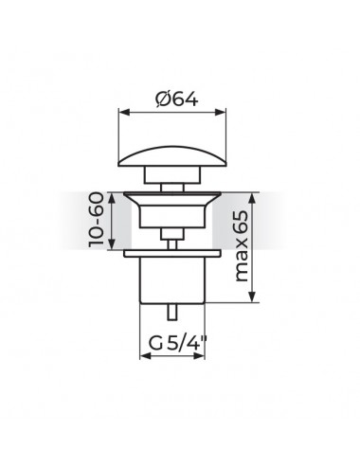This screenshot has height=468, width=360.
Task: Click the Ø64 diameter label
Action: point(177,99)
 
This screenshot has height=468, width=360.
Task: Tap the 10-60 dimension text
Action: point(96,220)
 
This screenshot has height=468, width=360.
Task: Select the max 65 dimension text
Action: point(242,246)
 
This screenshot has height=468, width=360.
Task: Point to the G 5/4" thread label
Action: point(177,343)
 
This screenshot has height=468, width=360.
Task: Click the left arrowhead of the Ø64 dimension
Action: point(124,113)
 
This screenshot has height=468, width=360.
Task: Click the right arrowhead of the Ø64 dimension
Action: point(221,113)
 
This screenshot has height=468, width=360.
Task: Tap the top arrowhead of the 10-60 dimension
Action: point(112,198)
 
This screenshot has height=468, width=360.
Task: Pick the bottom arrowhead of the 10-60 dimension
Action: point(112,243)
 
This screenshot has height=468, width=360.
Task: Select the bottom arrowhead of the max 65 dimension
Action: point(252,297)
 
